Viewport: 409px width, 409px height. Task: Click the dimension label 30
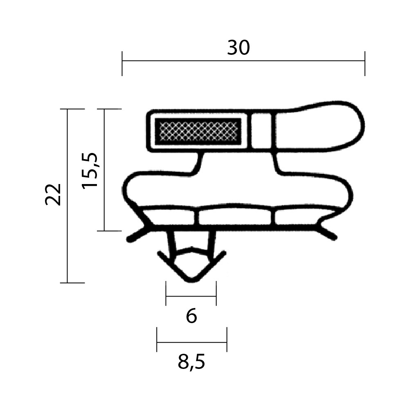point(238,48)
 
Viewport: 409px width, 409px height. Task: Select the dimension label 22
point(53,194)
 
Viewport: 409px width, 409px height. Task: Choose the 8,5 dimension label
point(191,362)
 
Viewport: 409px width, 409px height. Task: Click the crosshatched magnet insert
point(198,131)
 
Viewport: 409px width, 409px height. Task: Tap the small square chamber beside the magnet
point(261,131)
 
